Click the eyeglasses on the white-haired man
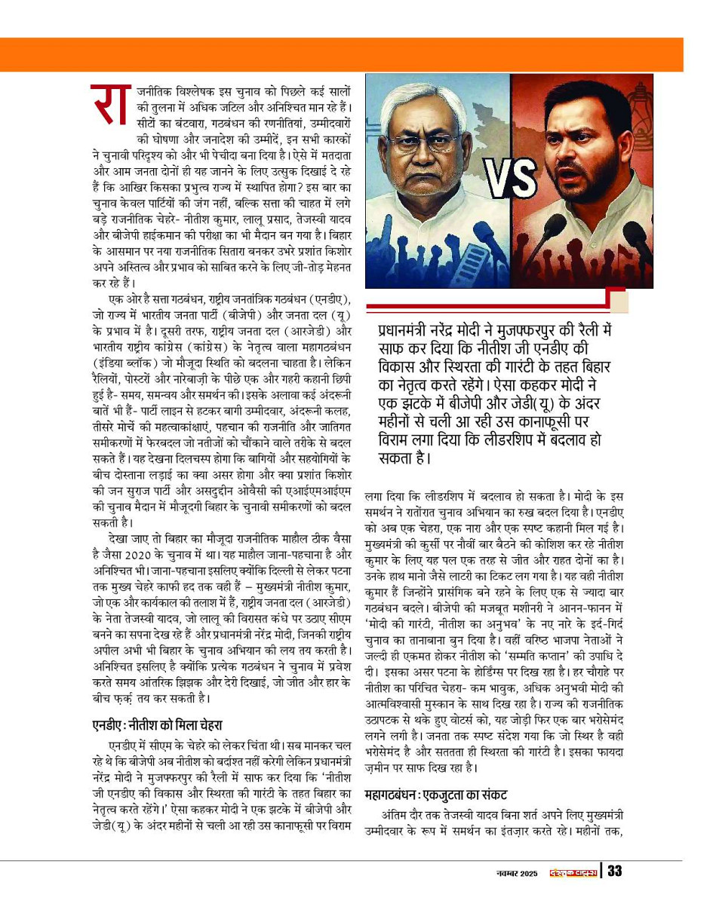tap(425, 144)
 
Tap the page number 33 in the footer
tap(614, 872)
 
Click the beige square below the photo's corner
tap(619, 301)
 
